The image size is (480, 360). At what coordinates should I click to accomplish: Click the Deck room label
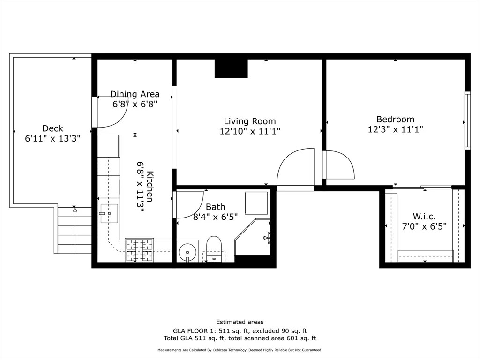52,128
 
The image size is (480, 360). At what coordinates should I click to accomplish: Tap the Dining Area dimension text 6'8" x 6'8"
135,104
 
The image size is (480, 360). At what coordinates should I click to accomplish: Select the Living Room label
249,121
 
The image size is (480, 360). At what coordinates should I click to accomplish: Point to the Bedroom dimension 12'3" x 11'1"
395,129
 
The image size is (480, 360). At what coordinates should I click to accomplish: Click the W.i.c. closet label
424,216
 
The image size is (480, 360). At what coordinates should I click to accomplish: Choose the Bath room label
215,207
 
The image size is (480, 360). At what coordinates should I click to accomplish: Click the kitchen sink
109,213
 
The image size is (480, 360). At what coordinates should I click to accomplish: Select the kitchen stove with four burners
139,250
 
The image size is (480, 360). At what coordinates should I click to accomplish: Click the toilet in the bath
214,247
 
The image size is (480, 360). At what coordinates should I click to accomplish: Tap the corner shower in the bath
254,237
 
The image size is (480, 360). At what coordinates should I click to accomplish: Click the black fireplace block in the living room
231,68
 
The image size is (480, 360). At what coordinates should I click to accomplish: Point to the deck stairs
74,230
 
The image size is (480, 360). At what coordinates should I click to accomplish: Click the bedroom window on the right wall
467,121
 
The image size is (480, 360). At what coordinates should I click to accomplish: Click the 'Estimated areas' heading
240,322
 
